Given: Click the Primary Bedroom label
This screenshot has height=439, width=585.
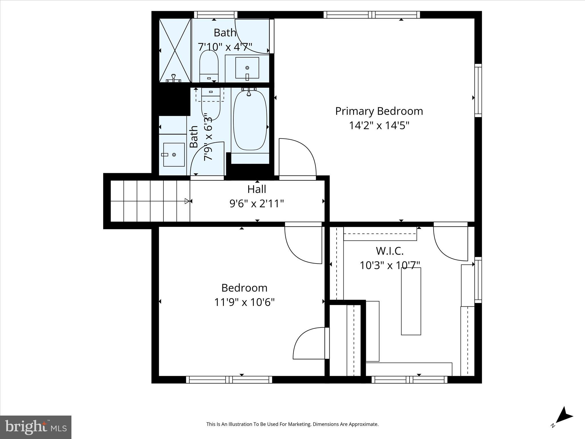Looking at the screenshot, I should coord(379,111).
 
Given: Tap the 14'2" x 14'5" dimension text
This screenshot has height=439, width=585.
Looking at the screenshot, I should coord(379,125).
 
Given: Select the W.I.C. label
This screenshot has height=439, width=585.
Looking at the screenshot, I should coord(390,251).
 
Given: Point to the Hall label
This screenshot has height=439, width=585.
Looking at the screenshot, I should coord(257,189).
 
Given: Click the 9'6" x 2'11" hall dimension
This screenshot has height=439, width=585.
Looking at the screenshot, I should coord(257,204).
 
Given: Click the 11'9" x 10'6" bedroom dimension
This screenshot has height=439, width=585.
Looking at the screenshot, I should coord(244,302).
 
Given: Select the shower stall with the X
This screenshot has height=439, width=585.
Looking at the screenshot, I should coord(175,50).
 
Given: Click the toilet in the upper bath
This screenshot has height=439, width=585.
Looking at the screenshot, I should coord(209,66).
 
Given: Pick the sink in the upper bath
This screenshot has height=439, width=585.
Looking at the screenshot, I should coord(247,68).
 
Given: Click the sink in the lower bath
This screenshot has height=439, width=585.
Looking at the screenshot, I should coord(174,155).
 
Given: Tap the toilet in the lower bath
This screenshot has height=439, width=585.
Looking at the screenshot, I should coord(211,104).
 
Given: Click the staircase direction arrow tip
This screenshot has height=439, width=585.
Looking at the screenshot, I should coord(187,201).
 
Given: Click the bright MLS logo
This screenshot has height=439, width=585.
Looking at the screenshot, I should coord(36,427).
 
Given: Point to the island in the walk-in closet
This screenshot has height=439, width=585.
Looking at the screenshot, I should coord(411,301).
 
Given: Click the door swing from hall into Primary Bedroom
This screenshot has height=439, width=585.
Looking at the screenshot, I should coord(297,159).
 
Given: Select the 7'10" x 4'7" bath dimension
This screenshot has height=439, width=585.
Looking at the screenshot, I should coord(225,47).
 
